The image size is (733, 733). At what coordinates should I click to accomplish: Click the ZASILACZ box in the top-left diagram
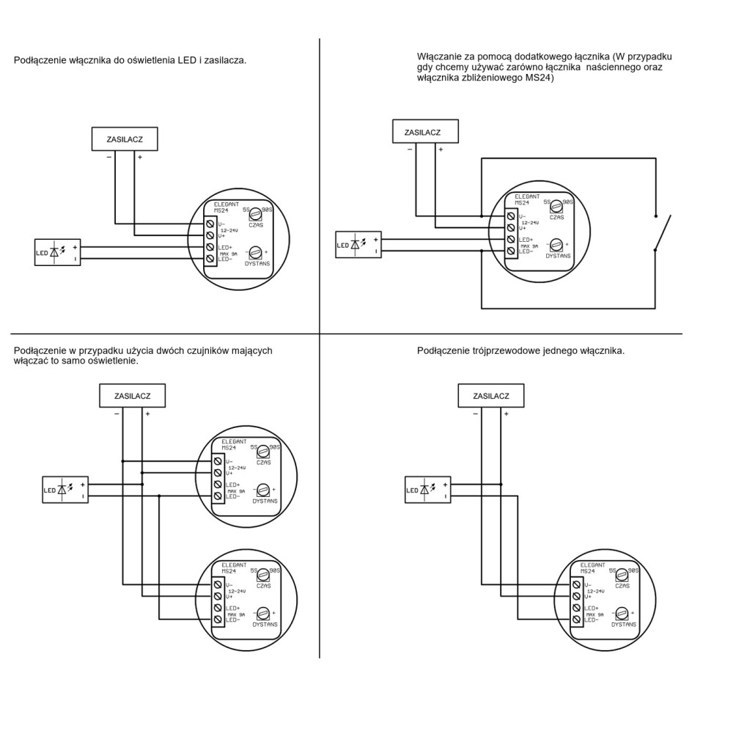(124, 139)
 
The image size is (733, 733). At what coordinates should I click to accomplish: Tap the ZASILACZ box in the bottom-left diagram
(132, 397)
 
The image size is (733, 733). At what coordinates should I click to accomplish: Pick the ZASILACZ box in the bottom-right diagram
(491, 397)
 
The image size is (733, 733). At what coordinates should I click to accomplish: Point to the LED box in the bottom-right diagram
(428, 490)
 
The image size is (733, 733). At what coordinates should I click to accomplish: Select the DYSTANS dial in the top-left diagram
(255, 252)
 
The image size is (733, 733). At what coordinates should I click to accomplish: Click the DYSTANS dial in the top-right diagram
(556, 245)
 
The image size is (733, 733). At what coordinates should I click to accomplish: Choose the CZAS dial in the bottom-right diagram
(622, 575)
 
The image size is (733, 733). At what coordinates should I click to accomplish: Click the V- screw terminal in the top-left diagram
(210, 223)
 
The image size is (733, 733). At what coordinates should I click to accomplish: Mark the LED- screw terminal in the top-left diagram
(210, 259)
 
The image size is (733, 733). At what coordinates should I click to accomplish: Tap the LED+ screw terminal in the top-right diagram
(512, 240)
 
